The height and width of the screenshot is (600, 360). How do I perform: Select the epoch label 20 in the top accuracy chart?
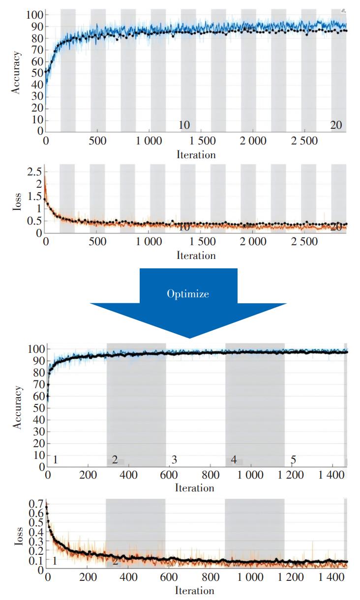click(x=336, y=125)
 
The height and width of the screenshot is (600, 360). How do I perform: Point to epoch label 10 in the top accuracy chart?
click(x=184, y=125)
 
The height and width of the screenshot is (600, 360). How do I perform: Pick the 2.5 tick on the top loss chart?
click(x=34, y=171)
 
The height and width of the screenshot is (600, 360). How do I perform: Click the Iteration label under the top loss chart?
click(x=196, y=256)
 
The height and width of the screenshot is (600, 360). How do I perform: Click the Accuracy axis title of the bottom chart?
click(x=18, y=407)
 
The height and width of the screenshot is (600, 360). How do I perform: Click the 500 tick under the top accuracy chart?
click(x=98, y=141)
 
